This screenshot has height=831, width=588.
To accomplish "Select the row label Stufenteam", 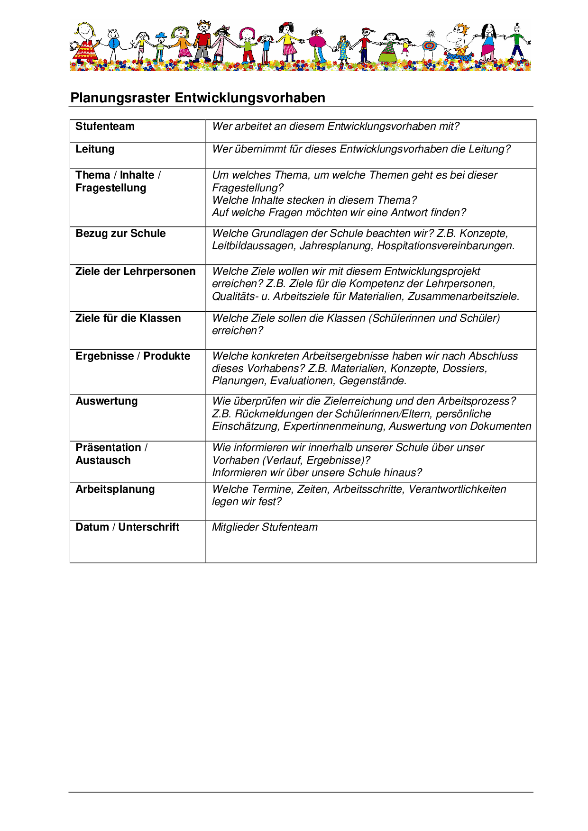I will click(x=105, y=126).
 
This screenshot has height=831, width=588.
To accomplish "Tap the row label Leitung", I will click(x=95, y=149).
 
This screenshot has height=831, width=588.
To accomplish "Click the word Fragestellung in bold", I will click(x=111, y=188).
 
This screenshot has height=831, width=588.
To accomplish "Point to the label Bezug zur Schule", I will click(x=120, y=234).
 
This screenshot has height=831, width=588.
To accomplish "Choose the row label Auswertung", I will click(x=107, y=401).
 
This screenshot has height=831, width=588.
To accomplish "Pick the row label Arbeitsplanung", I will click(x=115, y=489).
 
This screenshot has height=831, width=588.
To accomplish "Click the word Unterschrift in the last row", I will click(x=149, y=527).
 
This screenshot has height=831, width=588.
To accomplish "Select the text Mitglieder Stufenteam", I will click(x=265, y=527).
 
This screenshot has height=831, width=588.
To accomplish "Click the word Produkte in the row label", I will click(x=167, y=356).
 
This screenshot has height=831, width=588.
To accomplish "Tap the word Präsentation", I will click(x=109, y=448).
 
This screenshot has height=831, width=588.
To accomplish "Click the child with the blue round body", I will click(x=114, y=44).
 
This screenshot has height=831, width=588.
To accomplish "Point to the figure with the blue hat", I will click(x=161, y=46).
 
